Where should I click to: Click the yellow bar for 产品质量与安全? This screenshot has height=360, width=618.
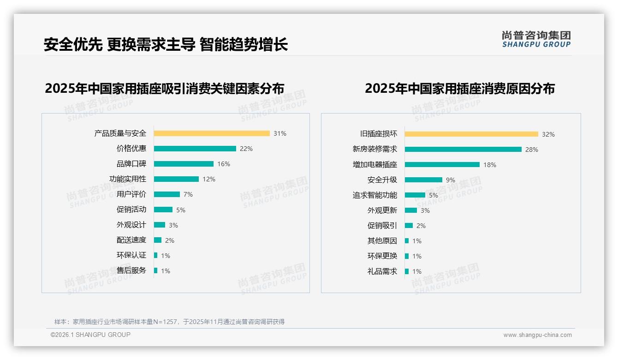point(212,133)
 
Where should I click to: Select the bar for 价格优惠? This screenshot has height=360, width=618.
point(195,149)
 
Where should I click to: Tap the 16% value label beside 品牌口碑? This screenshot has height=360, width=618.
point(224,164)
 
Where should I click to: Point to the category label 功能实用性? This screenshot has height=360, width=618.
point(128,179)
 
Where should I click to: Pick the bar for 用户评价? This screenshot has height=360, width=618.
point(167,194)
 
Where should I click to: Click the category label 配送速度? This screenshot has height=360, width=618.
point(131,240)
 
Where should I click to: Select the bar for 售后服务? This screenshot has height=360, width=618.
point(156,270)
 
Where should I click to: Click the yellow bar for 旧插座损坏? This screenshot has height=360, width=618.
point(471,134)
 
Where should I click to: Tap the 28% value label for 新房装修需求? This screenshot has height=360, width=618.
point(532,150)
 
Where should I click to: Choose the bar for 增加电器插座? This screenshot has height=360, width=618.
point(442,165)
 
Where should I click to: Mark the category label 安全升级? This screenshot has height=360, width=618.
point(382,180)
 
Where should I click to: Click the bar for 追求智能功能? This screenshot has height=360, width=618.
point(415,195)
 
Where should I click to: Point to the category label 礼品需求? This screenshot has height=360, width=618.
point(382,271)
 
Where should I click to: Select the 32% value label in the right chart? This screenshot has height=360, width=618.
point(548,134)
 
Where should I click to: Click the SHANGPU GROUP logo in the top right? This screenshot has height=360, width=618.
point(536,39)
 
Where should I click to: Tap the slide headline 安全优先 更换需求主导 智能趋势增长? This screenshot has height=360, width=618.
point(166,44)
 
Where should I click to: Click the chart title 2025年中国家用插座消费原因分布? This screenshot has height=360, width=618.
point(460,88)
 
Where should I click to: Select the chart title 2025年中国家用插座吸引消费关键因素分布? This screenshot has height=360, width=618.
point(165,88)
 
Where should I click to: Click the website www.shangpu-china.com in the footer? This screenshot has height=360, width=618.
point(537,335)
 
